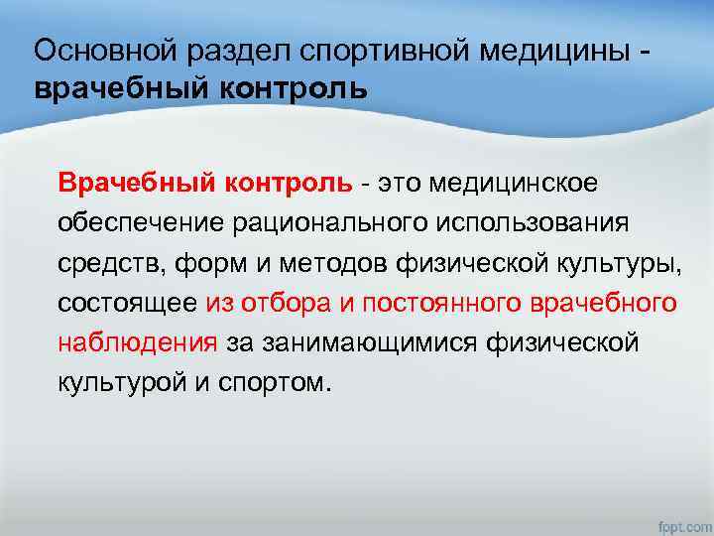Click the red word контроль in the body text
click(x=291, y=183)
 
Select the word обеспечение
click(x=140, y=223)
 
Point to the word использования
click(x=531, y=223)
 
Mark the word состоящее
click(x=128, y=303)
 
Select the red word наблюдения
click(x=138, y=342)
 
